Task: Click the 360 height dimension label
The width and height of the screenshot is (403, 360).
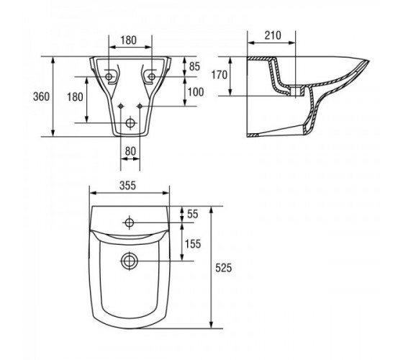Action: (41, 96)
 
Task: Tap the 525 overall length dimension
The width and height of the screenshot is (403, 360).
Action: (223, 268)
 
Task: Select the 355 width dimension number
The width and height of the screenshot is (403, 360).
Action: (128, 186)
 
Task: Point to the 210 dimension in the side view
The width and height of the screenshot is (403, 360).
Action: (273, 35)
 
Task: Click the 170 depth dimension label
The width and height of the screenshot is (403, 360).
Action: (219, 75)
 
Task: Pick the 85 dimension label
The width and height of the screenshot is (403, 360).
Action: (194, 66)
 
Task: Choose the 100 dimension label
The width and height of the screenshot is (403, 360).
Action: (196, 92)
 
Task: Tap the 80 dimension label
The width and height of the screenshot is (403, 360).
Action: (130, 151)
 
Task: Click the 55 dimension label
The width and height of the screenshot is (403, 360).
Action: (193, 214)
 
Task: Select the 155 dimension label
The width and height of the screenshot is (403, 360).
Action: (193, 244)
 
